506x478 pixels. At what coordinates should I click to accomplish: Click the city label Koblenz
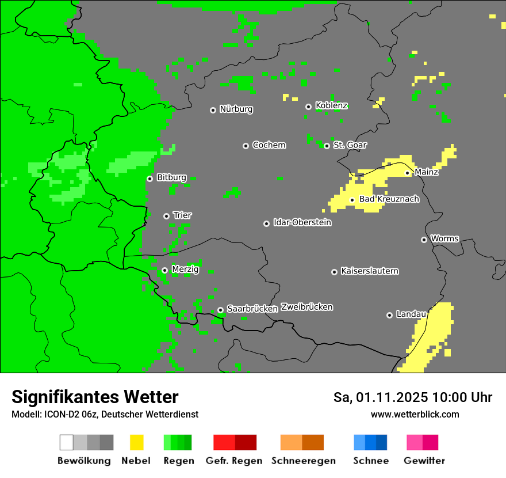coord(331,105)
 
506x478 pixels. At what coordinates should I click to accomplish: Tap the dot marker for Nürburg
coord(213,110)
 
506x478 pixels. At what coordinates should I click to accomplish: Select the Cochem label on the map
coord(269,145)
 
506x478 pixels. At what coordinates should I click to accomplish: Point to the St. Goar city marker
coord(327,146)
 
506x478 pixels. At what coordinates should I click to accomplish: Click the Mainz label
coord(426,172)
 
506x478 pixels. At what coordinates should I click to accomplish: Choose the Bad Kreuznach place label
coord(389,199)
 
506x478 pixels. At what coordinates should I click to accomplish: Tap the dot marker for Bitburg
coord(149,179)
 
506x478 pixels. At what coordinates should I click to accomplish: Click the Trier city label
coord(182,215)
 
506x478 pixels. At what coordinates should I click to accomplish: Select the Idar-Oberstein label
coord(302,222)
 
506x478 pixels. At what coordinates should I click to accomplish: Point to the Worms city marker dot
coord(424,240)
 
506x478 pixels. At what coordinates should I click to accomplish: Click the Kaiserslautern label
coord(369,271)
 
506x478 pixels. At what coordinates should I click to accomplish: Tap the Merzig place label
coord(185,270)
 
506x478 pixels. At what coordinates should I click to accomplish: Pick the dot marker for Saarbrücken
coord(220,310)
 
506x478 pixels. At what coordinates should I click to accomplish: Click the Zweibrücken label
coord(306,307)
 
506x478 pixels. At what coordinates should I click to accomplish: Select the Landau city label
coord(411,314)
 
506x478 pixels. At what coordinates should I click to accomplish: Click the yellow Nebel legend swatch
coord(136,442)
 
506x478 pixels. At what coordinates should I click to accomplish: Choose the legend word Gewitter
coord(424,461)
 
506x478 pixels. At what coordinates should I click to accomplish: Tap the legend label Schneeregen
coord(304,461)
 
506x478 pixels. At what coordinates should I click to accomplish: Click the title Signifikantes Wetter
coord(95,397)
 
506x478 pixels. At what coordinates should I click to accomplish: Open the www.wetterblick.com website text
coord(415,414)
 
